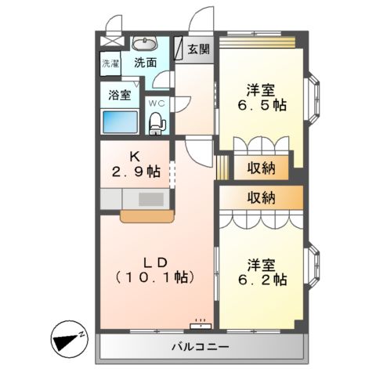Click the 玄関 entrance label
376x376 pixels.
pos(199,49)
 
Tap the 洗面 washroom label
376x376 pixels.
pos(144,63)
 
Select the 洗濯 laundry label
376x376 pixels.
pos(110,63)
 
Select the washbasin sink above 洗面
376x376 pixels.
pos(143,43)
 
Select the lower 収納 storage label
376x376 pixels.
pos(262,197)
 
